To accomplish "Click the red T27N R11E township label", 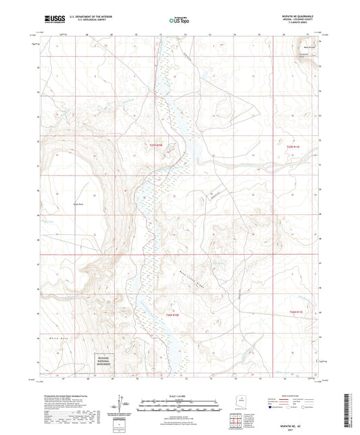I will pos(292,145).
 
